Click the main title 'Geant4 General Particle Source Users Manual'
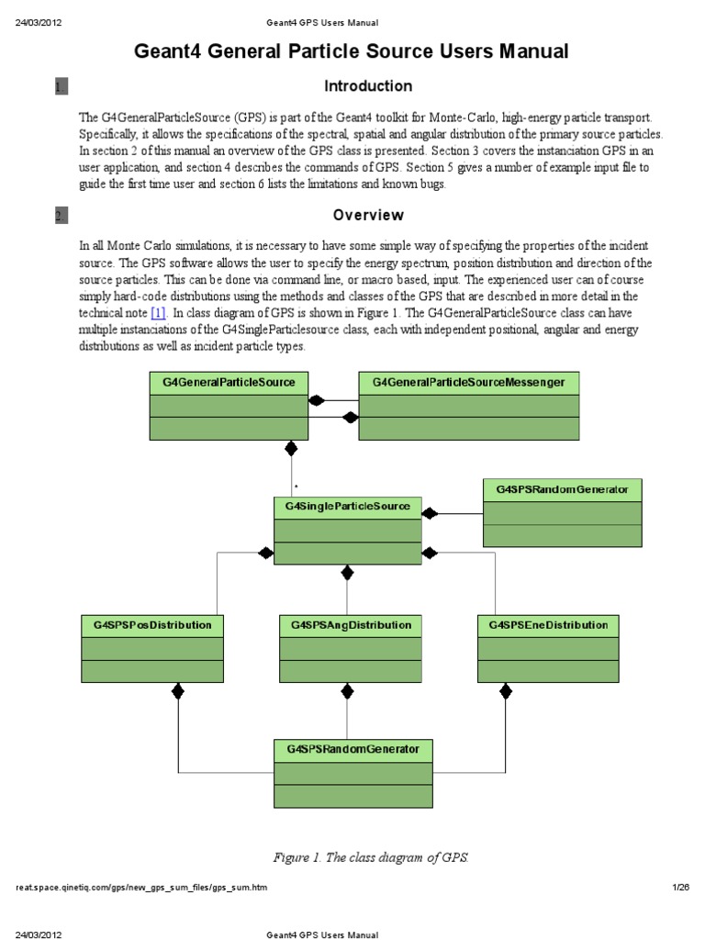(352, 51)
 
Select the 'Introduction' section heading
(368, 86)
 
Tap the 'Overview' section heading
(368, 216)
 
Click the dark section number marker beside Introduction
(62, 87)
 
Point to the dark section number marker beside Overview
(62, 217)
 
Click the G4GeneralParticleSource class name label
(229, 382)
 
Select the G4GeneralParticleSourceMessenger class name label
(468, 382)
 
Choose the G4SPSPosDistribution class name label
(152, 625)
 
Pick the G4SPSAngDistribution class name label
(351, 625)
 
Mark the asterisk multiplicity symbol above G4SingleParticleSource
(296, 487)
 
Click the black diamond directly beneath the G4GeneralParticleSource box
(292, 449)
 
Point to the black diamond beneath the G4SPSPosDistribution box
(179, 691)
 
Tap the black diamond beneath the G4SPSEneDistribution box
(505, 691)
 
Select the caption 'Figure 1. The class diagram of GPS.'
(371, 857)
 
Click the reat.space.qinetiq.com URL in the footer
(143, 889)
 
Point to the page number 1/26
(680, 889)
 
